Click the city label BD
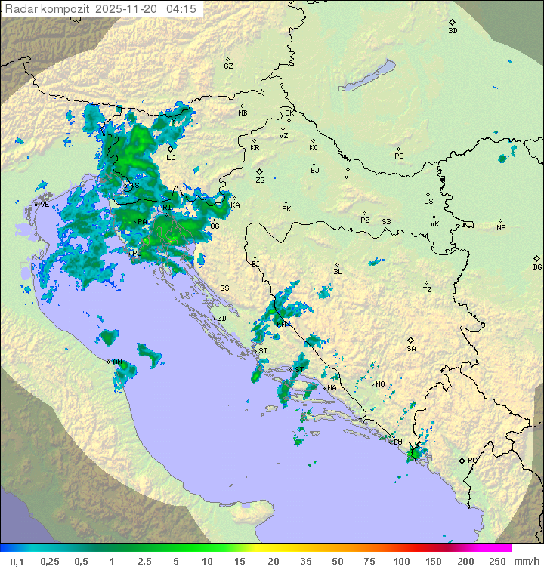click(x=453, y=31)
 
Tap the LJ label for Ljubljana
click(x=171, y=158)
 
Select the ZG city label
click(x=260, y=180)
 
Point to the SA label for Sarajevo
click(x=411, y=349)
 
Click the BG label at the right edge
click(x=537, y=267)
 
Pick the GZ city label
click(x=228, y=66)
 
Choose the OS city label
click(x=428, y=202)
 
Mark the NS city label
click(x=501, y=228)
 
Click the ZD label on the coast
click(x=221, y=319)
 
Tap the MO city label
click(x=380, y=384)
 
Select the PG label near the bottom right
click(x=472, y=460)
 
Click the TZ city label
click(x=428, y=289)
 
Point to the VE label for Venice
click(x=45, y=205)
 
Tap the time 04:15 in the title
click(x=181, y=9)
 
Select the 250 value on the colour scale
click(x=496, y=561)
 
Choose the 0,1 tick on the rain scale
click(x=17, y=561)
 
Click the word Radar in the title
click(x=20, y=9)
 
